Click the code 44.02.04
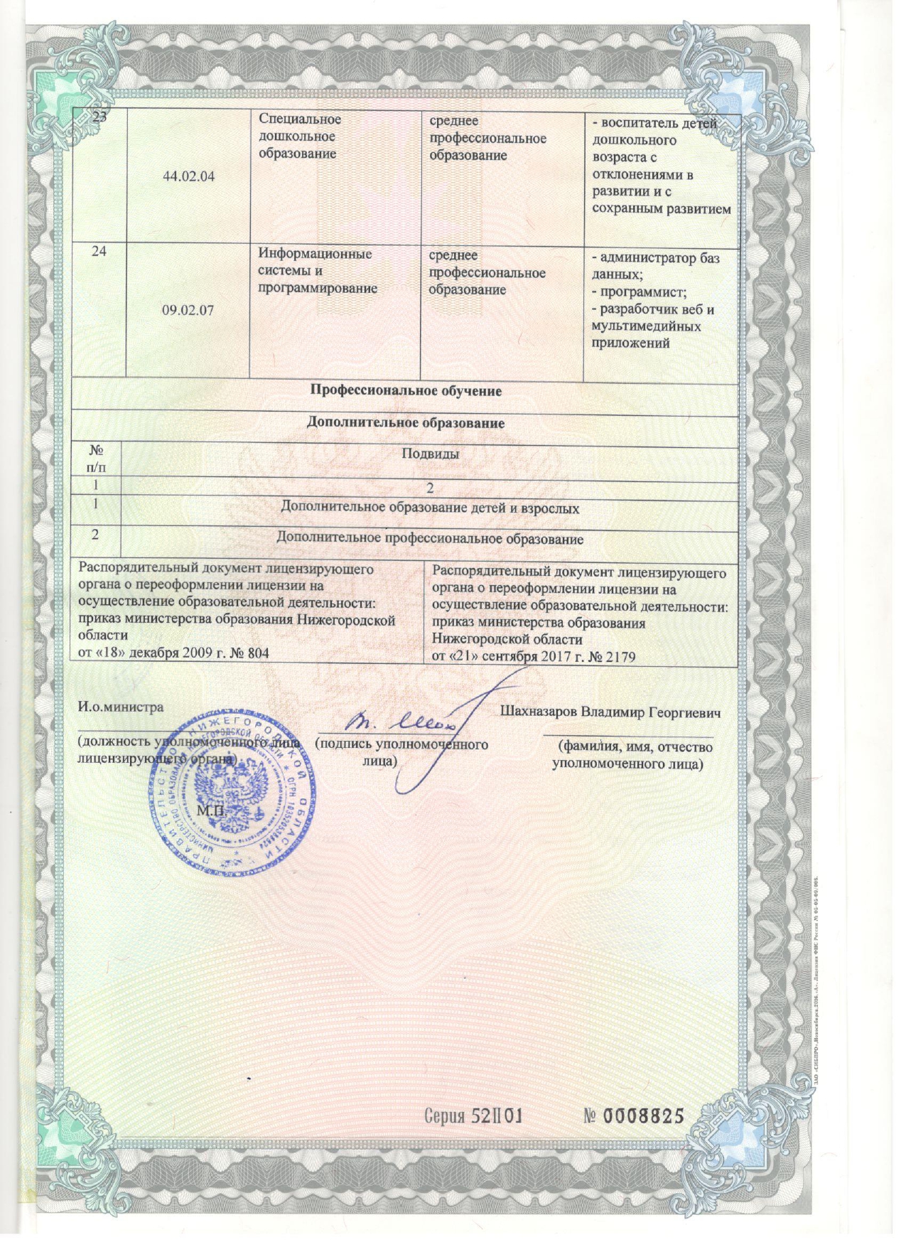188,177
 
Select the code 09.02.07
188,310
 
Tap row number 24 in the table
99,252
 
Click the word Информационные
315,254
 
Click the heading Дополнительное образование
405,423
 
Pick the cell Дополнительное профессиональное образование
430,539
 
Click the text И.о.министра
120,707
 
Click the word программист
642,292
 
